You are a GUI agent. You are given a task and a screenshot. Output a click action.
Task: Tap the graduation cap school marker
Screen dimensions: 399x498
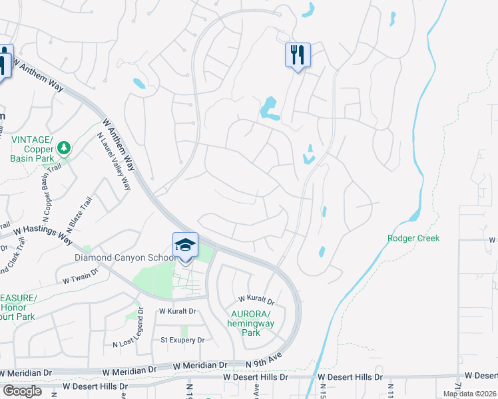tap(185, 245)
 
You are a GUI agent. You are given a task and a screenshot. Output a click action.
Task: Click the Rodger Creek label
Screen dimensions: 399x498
tap(413, 238)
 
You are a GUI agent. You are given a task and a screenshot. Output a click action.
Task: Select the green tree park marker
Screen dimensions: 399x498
tap(64, 148)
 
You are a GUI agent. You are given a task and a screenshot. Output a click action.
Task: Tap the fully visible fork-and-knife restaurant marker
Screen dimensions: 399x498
tap(298, 54)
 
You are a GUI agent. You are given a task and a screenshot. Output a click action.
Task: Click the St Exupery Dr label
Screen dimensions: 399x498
tap(182, 340)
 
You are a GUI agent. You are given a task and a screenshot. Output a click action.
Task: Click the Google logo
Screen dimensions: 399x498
tap(23, 391)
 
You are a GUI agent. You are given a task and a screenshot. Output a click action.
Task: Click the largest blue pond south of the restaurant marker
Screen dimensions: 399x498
tap(269, 108)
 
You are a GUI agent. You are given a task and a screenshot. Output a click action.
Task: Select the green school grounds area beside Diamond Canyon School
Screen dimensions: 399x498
tap(153, 279)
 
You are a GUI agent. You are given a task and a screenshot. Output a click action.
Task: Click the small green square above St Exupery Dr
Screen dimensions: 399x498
tap(184, 331)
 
